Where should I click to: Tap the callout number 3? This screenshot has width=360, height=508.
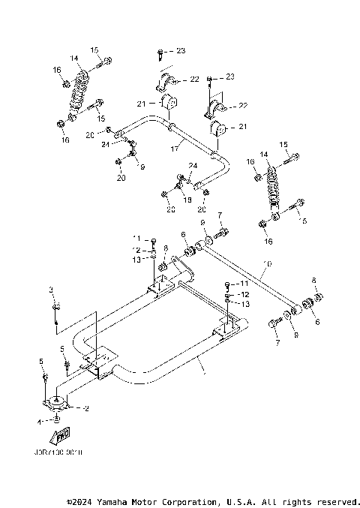(51, 289)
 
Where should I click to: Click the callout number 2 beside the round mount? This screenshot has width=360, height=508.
(87, 409)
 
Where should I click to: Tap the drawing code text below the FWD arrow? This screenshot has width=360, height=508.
(58, 453)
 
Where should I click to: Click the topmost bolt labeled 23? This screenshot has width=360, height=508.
(160, 53)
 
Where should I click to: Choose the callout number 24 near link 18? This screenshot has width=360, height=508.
(192, 166)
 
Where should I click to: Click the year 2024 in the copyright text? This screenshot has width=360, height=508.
(83, 500)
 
